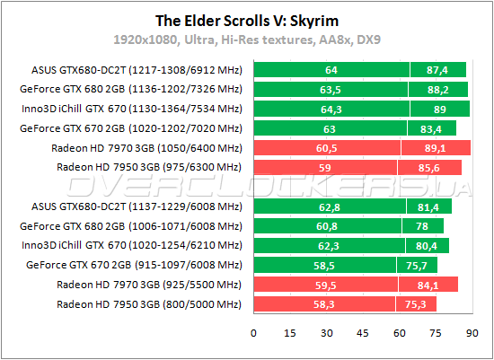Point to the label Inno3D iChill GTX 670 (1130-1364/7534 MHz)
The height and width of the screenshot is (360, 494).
coord(131,109)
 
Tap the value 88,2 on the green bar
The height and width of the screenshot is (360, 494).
coord(439,89)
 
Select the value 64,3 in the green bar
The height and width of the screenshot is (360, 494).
coord(331,109)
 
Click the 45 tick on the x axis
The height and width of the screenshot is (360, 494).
coord(362,333)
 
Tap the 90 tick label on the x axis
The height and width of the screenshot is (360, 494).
coord(470,333)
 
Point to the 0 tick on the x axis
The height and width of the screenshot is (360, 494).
coord(254,333)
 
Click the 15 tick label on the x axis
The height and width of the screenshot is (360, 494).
coord(290,333)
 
